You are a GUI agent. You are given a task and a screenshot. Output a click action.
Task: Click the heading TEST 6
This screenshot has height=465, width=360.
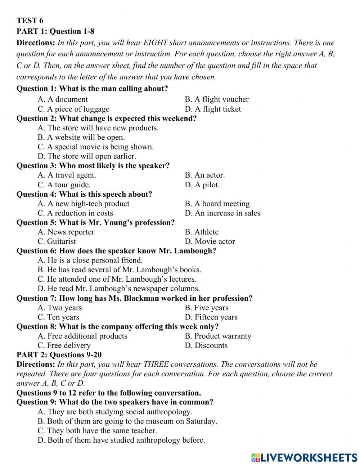pyautogui.click(x=30, y=21)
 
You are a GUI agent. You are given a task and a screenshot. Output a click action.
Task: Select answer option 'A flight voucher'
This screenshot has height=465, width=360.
pyautogui.click(x=217, y=99)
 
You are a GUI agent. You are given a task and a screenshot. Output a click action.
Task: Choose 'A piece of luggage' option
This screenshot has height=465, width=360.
pyautogui.click(x=73, y=109)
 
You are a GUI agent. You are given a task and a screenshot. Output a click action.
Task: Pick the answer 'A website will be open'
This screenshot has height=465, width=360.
pyautogui.click(x=81, y=137)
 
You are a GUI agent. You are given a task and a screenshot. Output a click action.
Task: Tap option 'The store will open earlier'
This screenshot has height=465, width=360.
pyautogui.click(x=87, y=156)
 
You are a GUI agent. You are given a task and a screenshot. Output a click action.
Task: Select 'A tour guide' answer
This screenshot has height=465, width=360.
pyautogui.click(x=64, y=184)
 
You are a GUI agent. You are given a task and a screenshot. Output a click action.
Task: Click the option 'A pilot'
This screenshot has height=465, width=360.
pyautogui.click(x=202, y=184)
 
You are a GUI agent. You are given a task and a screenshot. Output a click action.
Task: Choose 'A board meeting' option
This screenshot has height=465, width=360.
pyautogui.click(x=217, y=204)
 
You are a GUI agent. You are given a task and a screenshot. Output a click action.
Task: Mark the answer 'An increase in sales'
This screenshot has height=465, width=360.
pyautogui.click(x=222, y=213)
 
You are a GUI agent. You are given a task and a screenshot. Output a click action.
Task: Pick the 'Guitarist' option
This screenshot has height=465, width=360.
pyautogui.click(x=57, y=241)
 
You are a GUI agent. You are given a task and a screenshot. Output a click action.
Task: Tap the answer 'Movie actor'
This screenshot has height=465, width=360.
pyautogui.click(x=210, y=241)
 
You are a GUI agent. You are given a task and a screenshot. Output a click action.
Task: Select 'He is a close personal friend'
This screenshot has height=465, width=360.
pyautogui.click(x=90, y=260)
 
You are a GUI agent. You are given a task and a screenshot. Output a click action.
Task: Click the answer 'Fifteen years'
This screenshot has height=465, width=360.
pyautogui.click(x=211, y=317)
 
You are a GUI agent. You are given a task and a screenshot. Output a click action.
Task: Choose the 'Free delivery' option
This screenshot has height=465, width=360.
pyautogui.click(x=64, y=345)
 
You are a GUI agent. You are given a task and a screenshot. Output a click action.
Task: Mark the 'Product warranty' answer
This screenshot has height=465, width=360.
pyautogui.click(x=218, y=336)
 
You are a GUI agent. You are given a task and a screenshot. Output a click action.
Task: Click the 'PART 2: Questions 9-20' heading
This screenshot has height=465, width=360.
pyautogui.click(x=59, y=355)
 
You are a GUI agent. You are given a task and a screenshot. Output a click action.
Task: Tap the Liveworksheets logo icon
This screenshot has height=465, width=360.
pyautogui.click(x=256, y=457)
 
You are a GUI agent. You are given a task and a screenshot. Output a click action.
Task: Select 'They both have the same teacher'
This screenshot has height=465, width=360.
pyautogui.click(x=97, y=430)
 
